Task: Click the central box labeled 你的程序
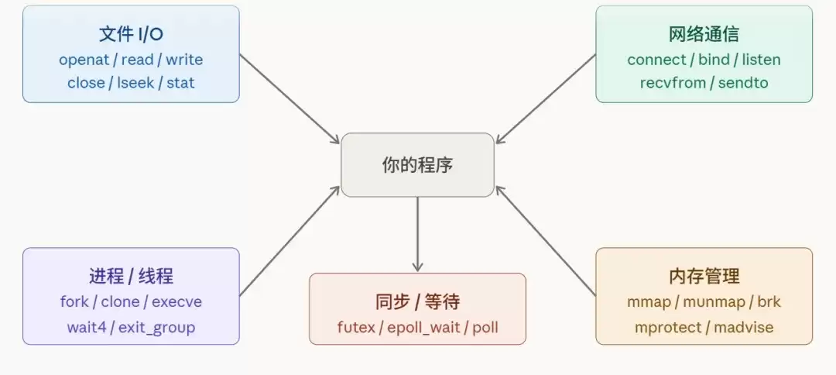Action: (417, 165)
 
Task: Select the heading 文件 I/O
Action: (131, 34)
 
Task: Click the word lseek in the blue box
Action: (135, 83)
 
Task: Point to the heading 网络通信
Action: (704, 34)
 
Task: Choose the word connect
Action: (656, 60)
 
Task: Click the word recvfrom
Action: (673, 83)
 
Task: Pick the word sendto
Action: (743, 83)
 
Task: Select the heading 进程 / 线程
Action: (131, 276)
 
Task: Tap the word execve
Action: (176, 301)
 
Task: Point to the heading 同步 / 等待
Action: (417, 301)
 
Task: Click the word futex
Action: (356, 327)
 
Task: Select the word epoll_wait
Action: (423, 327)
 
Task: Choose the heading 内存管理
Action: (704, 276)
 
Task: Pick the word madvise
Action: (744, 327)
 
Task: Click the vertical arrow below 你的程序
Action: (417, 233)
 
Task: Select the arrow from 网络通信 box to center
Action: (546, 99)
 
